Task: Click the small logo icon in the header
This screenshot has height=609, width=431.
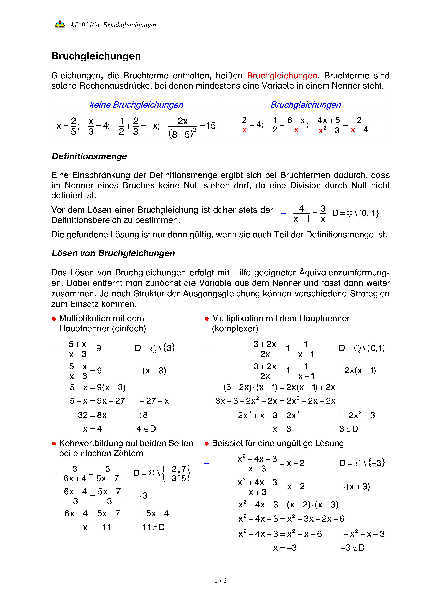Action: pos(60,24)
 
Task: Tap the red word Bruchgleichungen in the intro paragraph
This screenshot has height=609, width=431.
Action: pos(282,76)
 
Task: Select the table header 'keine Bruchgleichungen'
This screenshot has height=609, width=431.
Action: pos(136,105)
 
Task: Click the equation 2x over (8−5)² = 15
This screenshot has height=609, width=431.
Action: pos(192,127)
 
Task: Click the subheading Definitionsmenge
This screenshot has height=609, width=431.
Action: pos(90,156)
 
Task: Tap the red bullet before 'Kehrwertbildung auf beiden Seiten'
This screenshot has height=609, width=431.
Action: pos(54,444)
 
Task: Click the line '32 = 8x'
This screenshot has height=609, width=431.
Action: pos(92,415)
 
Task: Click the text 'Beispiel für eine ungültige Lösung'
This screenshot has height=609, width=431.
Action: pos(278,443)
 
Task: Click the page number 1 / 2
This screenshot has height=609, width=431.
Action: pos(221,580)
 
